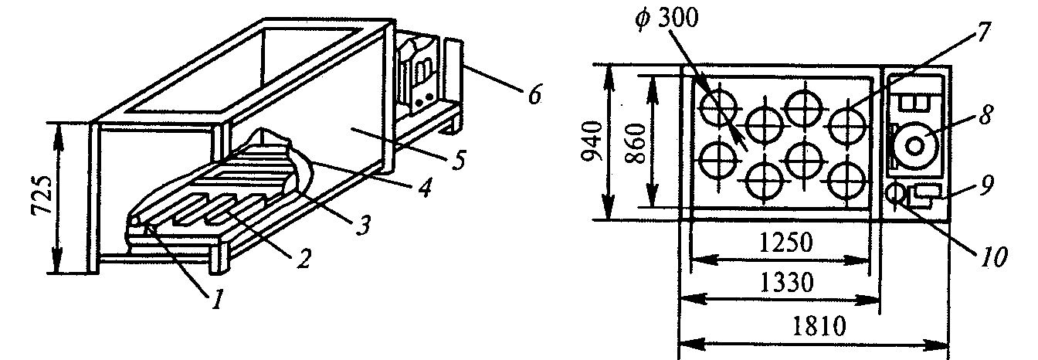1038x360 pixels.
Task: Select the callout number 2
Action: tap(304, 258)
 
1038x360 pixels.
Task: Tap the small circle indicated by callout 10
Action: tap(896, 193)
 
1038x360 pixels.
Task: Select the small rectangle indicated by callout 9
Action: tap(926, 192)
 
